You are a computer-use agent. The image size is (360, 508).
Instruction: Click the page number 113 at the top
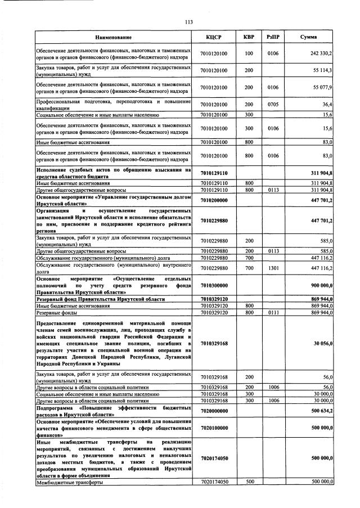(189, 22)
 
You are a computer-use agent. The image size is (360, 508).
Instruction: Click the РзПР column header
(273, 37)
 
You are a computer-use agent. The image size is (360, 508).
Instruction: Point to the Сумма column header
(308, 37)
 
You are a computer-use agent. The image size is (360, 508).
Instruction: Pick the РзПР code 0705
(273, 104)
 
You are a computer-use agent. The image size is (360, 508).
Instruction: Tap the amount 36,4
(327, 104)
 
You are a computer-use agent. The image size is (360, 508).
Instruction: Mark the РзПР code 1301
(273, 268)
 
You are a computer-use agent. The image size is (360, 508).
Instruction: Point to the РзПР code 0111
(273, 312)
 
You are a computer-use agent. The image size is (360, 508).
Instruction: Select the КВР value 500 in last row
(249, 482)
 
